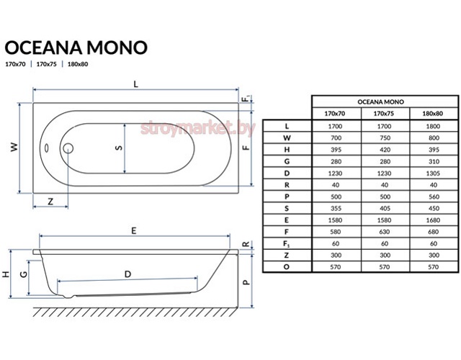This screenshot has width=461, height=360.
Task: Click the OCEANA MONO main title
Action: coord(76,48)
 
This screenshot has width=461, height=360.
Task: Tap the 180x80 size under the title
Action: coord(78,64)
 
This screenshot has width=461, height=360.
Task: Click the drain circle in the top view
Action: coord(68,148)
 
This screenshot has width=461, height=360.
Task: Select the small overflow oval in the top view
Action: coord(46,148)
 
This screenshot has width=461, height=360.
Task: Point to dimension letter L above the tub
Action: coord(135,84)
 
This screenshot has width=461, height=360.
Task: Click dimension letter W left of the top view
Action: coord(14,147)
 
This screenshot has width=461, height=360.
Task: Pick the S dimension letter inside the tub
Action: coord(119,148)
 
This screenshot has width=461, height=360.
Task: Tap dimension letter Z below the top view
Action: coord(50,202)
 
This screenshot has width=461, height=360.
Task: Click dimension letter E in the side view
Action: coord(134,230)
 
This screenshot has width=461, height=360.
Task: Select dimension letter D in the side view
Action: coord(127,274)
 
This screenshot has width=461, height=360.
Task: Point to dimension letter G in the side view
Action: coord(24,274)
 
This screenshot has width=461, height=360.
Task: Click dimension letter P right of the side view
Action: coord(246,282)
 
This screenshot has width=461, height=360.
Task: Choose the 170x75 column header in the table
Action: coord(384,114)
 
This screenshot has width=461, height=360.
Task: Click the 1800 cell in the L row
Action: coord(433,127)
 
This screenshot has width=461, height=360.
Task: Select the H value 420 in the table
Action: coord(385,150)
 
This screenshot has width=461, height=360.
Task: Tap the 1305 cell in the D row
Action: coord(433,174)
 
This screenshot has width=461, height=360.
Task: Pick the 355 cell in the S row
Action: coord(336,208)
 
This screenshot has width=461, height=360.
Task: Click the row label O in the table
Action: coord(287,267)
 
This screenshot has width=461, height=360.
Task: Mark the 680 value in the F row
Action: coord(434,232)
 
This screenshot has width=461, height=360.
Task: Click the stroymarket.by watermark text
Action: coord(197,128)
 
